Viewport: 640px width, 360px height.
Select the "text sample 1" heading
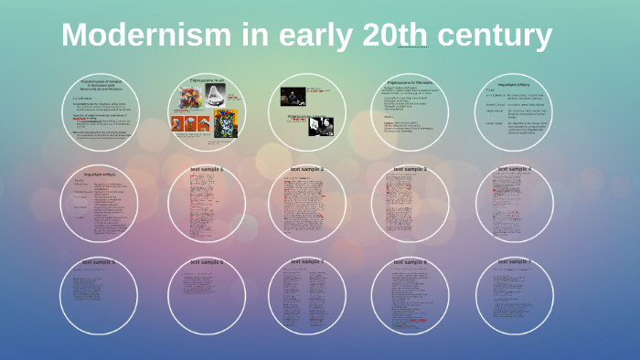[x=207, y=170]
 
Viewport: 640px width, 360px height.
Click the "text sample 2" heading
[x=307, y=169]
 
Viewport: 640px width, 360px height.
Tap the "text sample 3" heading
[x=411, y=169]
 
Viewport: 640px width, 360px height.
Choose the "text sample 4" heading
[x=515, y=169]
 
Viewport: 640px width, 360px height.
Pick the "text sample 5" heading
[x=99, y=262]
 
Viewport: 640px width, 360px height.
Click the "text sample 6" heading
[x=207, y=262]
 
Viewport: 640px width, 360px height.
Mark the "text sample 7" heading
[x=307, y=262]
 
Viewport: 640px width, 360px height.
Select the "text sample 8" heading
[x=411, y=262]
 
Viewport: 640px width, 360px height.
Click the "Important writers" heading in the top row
[x=515, y=85]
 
